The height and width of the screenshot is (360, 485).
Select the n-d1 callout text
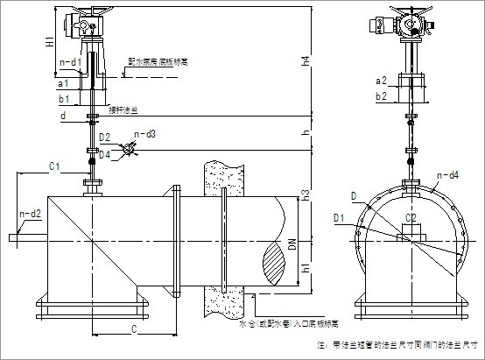pyautogui.click(x=70, y=62)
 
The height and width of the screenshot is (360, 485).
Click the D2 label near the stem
pyautogui.click(x=104, y=138)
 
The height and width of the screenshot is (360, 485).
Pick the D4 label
pyautogui.click(x=104, y=154)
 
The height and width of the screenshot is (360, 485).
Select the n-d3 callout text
pyautogui.click(x=145, y=134)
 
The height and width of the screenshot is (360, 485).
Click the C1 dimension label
pyautogui.click(x=53, y=165)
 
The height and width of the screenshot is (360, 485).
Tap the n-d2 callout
pyautogui.click(x=31, y=214)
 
